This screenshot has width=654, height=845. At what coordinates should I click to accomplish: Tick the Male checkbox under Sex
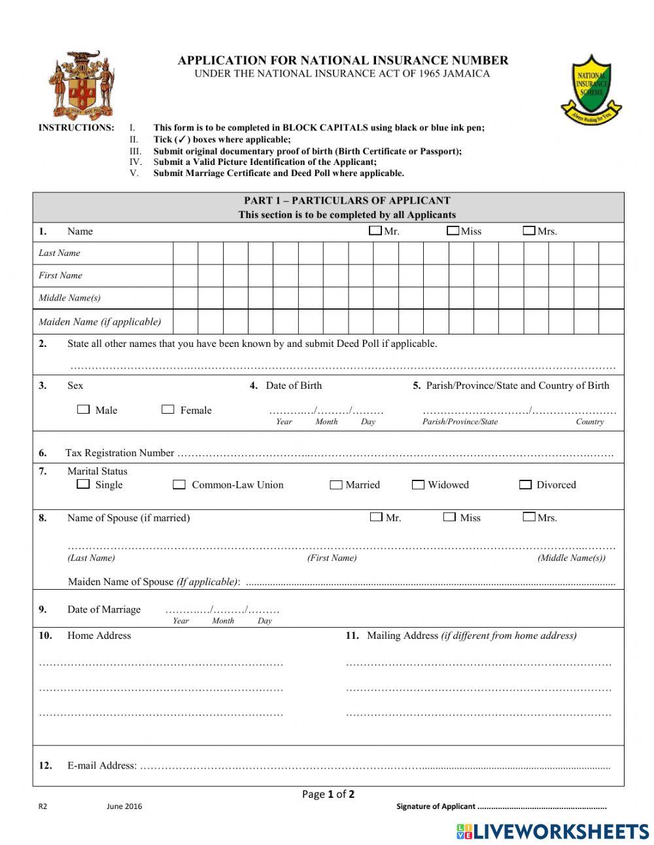tap(83, 409)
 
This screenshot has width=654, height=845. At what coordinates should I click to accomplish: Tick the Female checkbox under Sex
tap(168, 409)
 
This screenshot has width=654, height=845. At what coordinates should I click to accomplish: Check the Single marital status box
tap(83, 484)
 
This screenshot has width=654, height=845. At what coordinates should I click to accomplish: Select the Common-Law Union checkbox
tap(179, 485)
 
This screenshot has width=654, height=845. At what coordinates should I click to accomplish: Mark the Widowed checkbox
tap(418, 485)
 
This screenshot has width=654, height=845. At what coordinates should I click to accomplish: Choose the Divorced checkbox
tap(525, 485)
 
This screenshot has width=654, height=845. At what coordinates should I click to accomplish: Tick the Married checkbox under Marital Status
tap(336, 485)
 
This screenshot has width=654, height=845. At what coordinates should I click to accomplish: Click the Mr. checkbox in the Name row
tap(375, 230)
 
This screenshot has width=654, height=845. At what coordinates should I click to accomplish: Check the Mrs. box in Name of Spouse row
tap(529, 517)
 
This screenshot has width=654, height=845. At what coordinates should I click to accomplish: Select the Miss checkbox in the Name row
tap(453, 230)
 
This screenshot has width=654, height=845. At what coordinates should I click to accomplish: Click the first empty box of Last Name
tap(185, 253)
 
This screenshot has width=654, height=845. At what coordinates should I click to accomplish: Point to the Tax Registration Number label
tap(120, 453)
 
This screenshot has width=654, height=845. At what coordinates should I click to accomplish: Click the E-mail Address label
tap(102, 766)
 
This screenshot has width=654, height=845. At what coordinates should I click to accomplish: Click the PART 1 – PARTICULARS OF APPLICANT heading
tap(347, 201)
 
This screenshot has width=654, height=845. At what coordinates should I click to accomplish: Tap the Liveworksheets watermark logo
tap(553, 831)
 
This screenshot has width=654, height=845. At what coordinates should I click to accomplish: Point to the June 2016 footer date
tap(124, 806)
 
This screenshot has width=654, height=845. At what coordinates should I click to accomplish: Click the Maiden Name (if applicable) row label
tap(99, 321)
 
